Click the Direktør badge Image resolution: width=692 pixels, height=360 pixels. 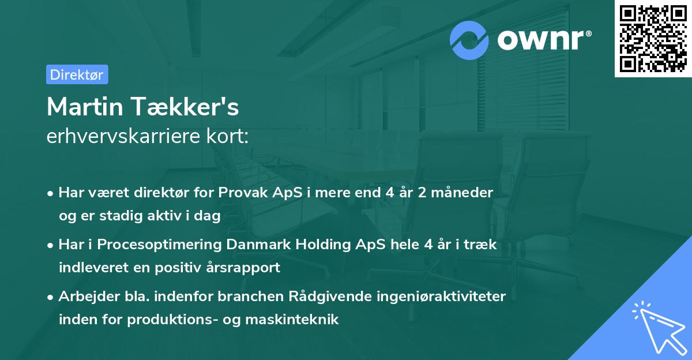click(77, 74)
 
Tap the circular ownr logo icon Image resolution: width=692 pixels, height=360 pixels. click(469, 40)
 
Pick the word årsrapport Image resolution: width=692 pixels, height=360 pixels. click(246, 267)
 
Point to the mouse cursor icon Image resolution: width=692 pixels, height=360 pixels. click(657, 327)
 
